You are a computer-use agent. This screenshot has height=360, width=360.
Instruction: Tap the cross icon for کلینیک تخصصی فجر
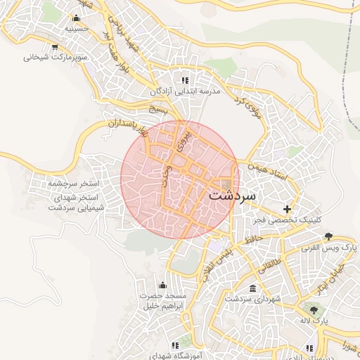click(287, 209)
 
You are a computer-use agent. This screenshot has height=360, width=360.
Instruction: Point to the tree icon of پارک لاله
click(313, 309)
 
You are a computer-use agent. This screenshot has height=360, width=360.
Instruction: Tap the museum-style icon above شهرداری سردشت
click(252, 289)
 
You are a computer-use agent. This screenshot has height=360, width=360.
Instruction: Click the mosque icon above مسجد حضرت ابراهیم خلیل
click(163, 285)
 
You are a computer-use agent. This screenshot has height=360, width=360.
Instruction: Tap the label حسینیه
click(75, 30)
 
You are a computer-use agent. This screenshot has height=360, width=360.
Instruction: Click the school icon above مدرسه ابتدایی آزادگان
click(185, 80)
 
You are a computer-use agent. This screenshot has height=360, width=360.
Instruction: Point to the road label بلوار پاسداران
click(124, 127)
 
